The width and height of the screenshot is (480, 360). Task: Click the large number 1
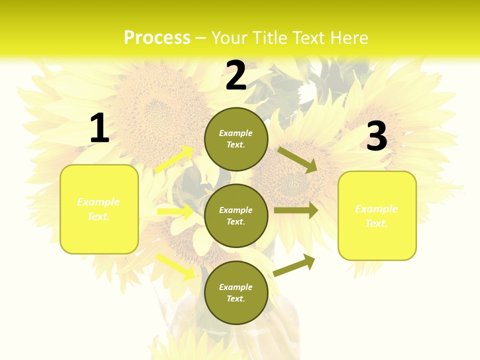99,128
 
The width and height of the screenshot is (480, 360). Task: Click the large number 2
236,76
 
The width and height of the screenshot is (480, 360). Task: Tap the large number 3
376,136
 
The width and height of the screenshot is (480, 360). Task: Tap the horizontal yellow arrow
175,211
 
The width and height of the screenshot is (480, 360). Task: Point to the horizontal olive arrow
296,210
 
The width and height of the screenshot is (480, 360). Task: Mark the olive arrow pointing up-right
294,265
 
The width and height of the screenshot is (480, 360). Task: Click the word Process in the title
157,37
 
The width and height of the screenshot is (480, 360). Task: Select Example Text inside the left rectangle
98,209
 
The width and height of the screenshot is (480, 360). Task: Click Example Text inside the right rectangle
376,216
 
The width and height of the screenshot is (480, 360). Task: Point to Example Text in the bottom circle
236,292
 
